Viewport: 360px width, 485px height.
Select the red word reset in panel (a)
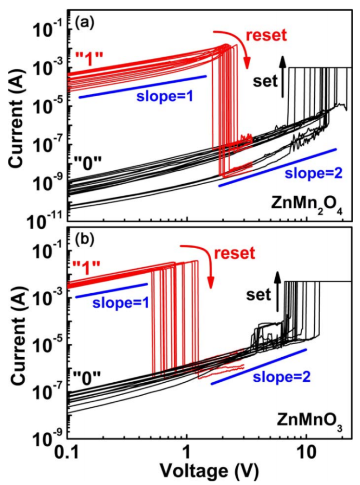coord(266,36)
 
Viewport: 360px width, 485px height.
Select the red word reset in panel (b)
coord(234,253)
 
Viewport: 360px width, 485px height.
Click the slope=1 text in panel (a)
coord(165,96)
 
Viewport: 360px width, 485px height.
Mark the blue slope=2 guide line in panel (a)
coord(277,167)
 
